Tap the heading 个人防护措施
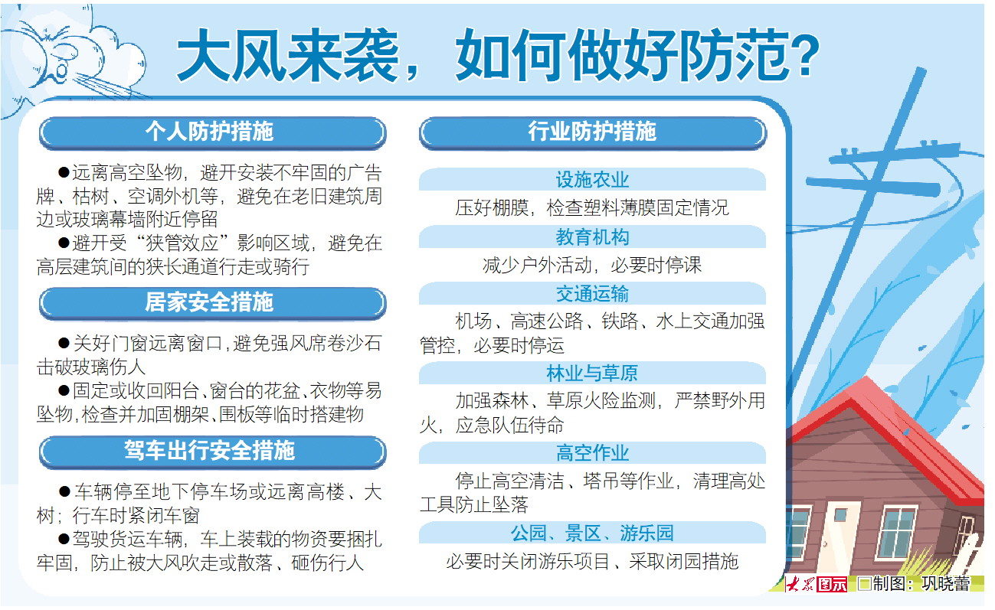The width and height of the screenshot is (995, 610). tap(209, 132)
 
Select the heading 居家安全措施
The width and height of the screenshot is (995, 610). tap(209, 302)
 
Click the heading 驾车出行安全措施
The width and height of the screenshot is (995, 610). tap(209, 451)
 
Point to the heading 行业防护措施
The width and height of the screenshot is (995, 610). tap(592, 132)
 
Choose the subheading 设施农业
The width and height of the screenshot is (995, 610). tap(592, 180)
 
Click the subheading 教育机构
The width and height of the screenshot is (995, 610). tap(592, 237)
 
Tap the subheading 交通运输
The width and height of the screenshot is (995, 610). tap(592, 294)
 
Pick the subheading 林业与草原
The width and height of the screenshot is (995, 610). tap(592, 374)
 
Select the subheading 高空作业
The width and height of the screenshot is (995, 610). tap(592, 453)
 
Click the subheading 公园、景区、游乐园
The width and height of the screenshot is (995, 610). tap(592, 533)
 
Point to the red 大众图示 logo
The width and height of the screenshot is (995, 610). tap(816, 584)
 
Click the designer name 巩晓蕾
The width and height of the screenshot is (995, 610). tap(945, 583)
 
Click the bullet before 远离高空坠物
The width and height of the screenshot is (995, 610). tap(64, 172)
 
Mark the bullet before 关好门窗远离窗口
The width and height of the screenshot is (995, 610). tap(64, 343)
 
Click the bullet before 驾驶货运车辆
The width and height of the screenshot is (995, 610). tap(64, 539)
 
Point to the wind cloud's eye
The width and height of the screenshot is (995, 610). tap(62, 70)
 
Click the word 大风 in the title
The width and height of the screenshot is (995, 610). tap(232, 56)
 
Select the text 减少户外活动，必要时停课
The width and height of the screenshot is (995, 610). tap(592, 266)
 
